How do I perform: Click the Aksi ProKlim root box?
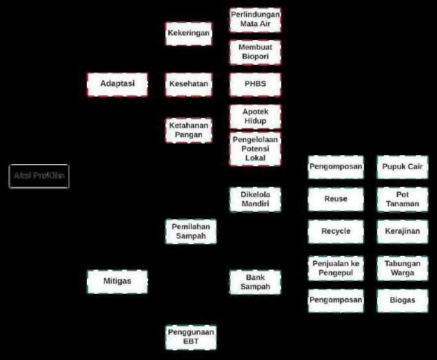point(39,176)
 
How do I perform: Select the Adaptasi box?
point(117,84)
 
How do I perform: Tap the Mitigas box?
point(117,281)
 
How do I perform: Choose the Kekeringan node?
point(188,33)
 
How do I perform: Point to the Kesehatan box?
point(188,84)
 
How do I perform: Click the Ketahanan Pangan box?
point(188,130)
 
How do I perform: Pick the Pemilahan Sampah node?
point(191,231)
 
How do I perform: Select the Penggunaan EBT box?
point(191,337)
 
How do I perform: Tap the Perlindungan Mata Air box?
point(255,19)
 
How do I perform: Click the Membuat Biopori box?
point(255,52)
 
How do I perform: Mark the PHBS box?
point(255,84)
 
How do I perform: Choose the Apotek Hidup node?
point(255,117)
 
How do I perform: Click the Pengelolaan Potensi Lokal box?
point(255,148)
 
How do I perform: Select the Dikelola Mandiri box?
point(255,199)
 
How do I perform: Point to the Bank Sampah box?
point(255,281)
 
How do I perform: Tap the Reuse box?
point(336,199)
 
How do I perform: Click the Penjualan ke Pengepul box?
point(336,268)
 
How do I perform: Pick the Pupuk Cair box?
point(403,167)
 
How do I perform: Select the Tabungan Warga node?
point(403,268)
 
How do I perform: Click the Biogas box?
point(403,300)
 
